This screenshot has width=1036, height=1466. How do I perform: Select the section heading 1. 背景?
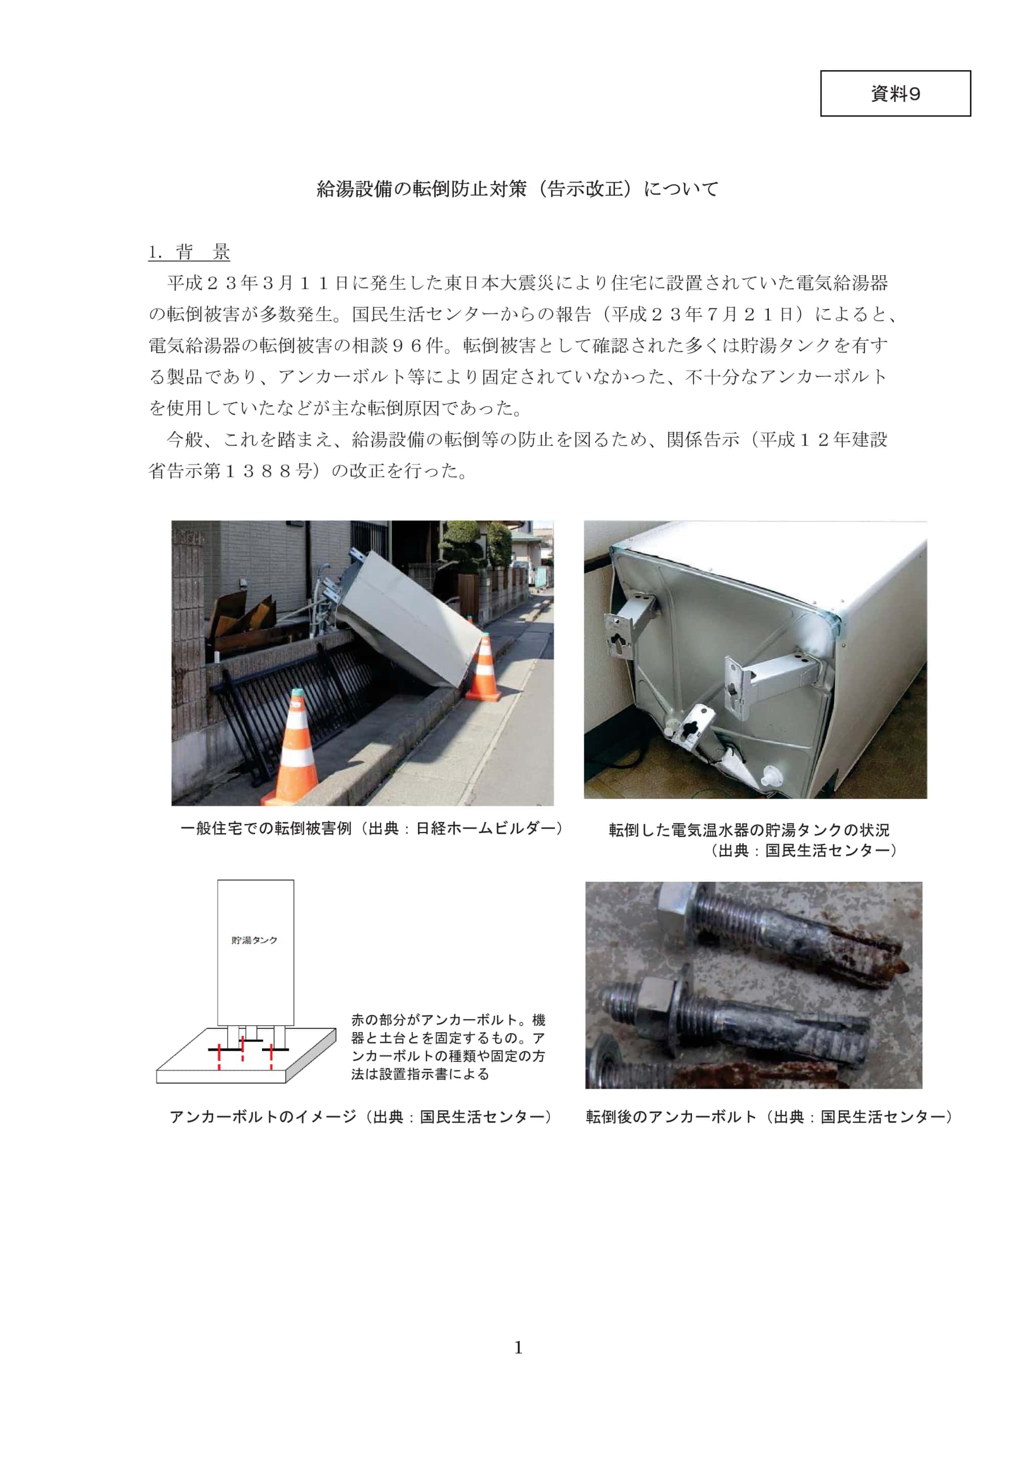(x=189, y=252)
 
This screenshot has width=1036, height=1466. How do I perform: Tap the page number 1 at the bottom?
(x=517, y=1348)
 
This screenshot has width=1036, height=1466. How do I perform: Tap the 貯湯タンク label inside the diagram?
(x=254, y=940)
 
